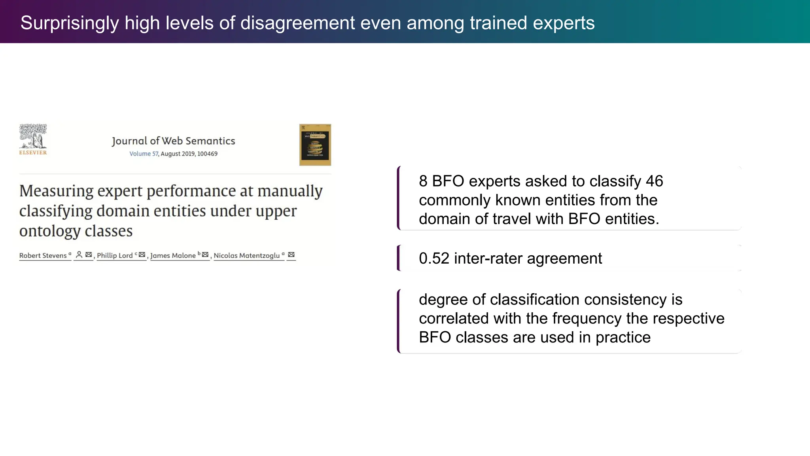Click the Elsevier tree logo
point(33,137)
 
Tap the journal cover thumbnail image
point(315,145)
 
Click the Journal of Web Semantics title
point(173,141)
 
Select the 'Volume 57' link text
point(144,154)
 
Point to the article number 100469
point(207,154)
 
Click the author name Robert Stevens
point(43,255)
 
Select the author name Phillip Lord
point(115,255)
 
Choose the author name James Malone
point(173,255)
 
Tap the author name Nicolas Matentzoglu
point(246,255)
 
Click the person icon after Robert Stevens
point(79,255)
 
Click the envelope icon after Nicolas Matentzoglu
point(291,255)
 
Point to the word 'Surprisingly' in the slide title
point(70,23)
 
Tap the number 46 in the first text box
point(654,181)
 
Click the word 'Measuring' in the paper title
point(56,191)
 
